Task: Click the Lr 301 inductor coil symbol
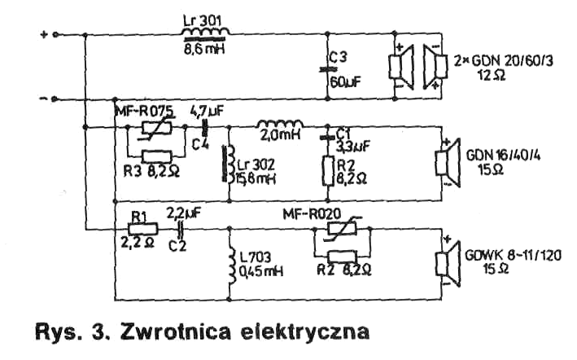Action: (204, 33)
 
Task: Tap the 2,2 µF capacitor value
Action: (183, 213)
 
